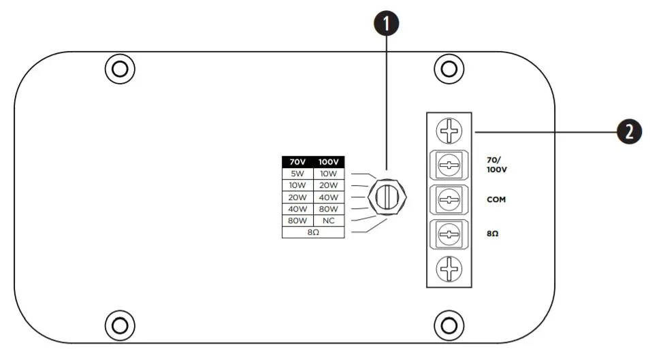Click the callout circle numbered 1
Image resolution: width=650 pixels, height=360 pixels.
tap(387, 23)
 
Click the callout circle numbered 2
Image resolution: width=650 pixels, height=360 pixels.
tap(629, 131)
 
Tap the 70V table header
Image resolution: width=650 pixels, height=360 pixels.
tap(297, 162)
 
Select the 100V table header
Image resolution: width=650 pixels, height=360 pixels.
tap(329, 162)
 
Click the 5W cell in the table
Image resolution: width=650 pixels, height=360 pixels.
tap(297, 174)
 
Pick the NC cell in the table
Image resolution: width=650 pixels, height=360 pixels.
tap(329, 220)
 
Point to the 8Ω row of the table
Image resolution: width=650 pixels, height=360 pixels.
tap(313, 232)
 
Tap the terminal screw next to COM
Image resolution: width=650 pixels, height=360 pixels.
tap(449, 200)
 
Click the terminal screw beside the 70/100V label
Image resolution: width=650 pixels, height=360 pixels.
tap(449, 164)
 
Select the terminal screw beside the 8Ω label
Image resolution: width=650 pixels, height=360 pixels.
tap(449, 236)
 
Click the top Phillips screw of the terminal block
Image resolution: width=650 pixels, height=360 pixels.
tap(449, 129)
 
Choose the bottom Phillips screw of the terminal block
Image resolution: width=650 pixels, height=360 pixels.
tap(449, 269)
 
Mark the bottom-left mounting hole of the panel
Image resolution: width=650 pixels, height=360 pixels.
tap(119, 325)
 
